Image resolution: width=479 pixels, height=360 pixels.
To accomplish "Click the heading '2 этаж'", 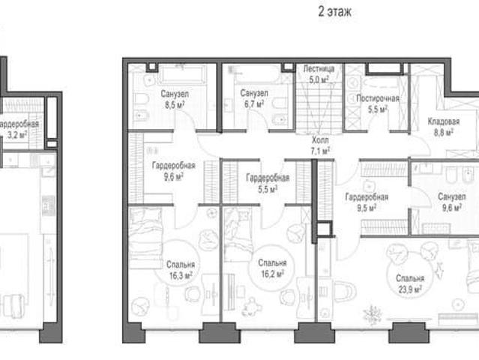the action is pyautogui.click(x=334, y=12).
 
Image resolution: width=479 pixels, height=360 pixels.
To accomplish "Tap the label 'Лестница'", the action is pyautogui.click(x=319, y=69).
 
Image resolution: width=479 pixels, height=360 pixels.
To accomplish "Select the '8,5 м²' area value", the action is pyautogui.click(x=175, y=106).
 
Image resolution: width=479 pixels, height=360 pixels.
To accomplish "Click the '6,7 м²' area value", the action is pyautogui.click(x=254, y=104).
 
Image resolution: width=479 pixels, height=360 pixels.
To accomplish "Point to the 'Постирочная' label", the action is pyautogui.click(x=378, y=98).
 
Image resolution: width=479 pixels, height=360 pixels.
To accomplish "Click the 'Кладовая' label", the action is pyautogui.click(x=444, y=121).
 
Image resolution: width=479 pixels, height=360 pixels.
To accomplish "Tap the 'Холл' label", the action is pyautogui.click(x=320, y=140).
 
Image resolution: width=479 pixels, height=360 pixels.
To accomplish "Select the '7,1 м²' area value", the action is pyautogui.click(x=320, y=151).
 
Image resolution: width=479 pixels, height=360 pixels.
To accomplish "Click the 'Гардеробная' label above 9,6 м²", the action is pyautogui.click(x=173, y=166).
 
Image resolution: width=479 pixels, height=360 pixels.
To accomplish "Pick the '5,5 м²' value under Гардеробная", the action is pyautogui.click(x=268, y=189).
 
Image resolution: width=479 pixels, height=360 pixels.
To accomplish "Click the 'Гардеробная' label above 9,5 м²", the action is pyautogui.click(x=367, y=197).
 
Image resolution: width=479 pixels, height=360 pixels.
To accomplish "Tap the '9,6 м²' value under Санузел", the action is pyautogui.click(x=452, y=208).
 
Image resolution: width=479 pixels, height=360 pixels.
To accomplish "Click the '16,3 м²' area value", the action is pyautogui.click(x=181, y=276).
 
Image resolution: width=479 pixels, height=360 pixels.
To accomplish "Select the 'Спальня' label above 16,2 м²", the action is pyautogui.click(x=272, y=262).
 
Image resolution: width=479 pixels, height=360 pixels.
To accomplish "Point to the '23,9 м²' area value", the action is pyautogui.click(x=410, y=289).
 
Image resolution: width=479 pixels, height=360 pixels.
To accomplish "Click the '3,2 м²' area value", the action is pyautogui.click(x=17, y=135).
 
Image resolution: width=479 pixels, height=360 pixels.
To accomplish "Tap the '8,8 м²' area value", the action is pyautogui.click(x=444, y=132).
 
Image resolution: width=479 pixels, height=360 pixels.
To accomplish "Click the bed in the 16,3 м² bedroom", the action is pyautogui.click(x=145, y=238).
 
